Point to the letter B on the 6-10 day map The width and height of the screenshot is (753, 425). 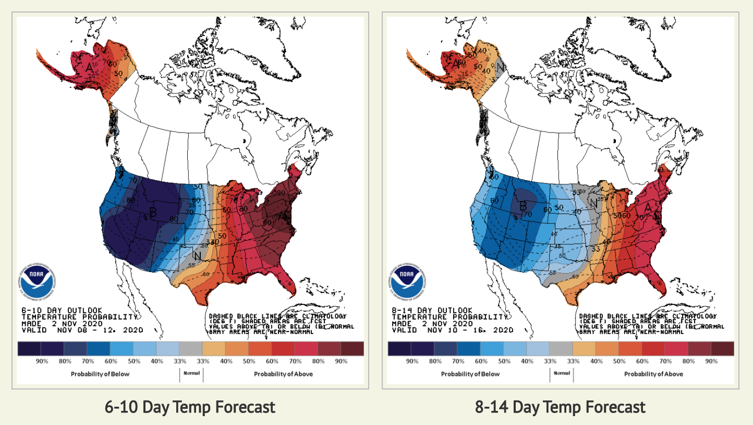153,212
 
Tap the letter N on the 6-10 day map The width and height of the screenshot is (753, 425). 197,256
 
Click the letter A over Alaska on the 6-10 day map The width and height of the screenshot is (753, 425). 90,67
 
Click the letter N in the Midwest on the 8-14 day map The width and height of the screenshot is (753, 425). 593,203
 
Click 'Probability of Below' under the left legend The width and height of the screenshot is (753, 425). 100,374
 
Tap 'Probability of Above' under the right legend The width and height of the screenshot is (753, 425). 653,374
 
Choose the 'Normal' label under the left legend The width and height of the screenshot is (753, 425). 191,373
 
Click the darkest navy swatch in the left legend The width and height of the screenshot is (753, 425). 29,349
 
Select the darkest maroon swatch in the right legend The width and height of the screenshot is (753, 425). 722,349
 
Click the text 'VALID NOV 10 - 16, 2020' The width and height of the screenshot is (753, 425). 452,330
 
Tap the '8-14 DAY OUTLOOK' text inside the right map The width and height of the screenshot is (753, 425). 432,310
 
